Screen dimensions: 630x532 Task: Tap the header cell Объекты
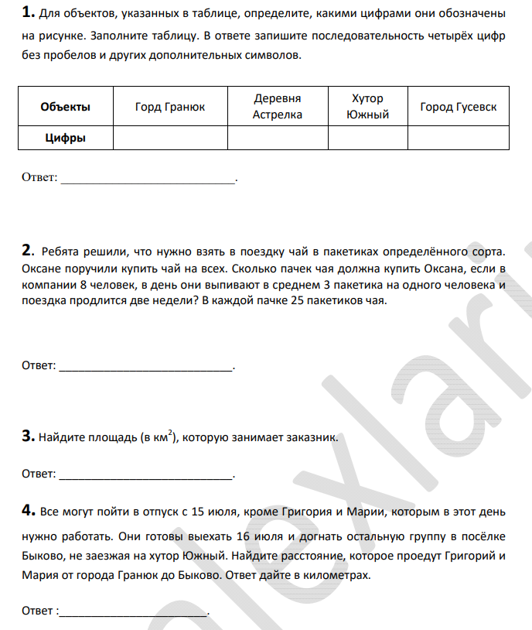click(65, 107)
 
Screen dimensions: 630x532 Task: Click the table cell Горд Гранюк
click(170, 107)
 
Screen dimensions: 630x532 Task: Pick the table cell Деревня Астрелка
click(278, 107)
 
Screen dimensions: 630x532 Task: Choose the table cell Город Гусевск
click(459, 107)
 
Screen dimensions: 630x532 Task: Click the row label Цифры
click(65, 139)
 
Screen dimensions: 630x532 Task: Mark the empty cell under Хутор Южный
click(367, 139)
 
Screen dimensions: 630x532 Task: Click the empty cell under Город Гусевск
click(459, 139)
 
